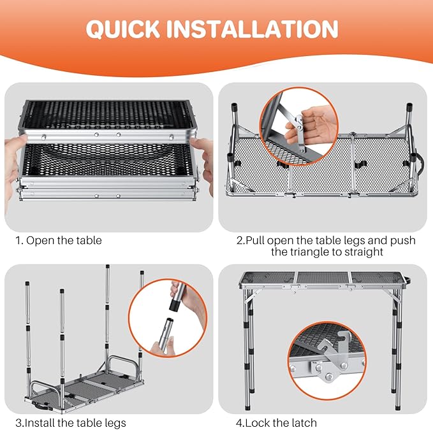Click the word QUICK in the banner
(x=123, y=29)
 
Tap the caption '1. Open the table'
(x=59, y=241)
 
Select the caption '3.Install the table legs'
(x=71, y=423)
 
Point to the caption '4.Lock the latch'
(x=276, y=423)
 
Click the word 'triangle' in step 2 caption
(x=311, y=252)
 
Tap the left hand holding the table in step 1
(x=12, y=166)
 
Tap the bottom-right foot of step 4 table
(x=398, y=406)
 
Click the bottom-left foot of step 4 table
(x=248, y=406)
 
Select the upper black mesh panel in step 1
(x=108, y=115)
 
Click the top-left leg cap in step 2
(x=234, y=106)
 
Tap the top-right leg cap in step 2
(x=409, y=106)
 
